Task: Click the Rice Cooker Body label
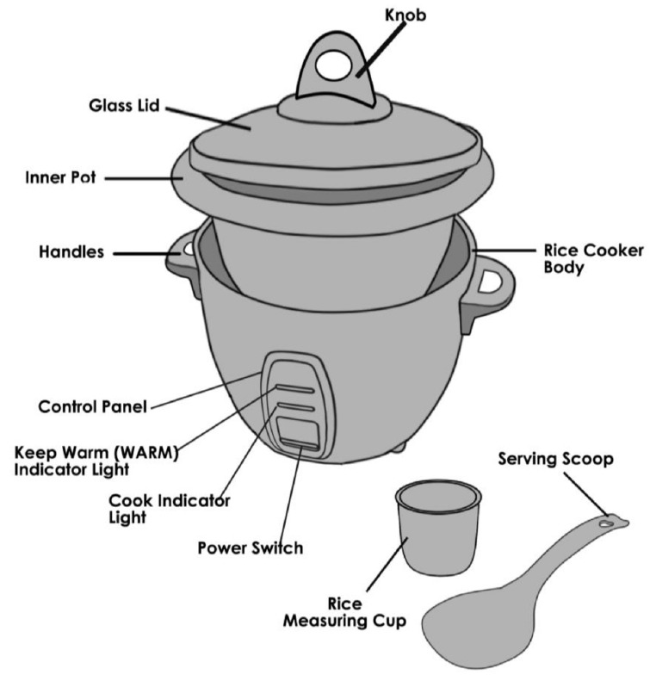tap(593, 258)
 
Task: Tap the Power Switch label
tap(250, 548)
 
